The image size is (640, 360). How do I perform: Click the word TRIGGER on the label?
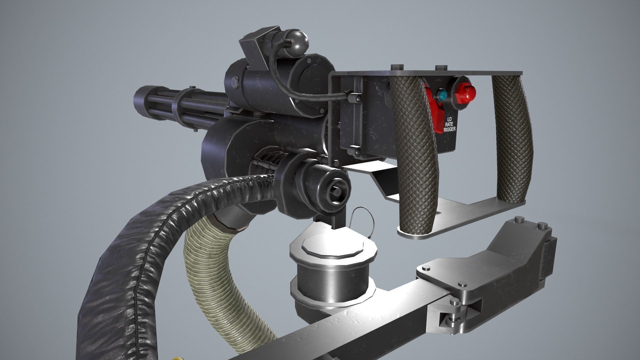coord(448,130)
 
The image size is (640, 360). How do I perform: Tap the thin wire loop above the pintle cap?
coord(362,217)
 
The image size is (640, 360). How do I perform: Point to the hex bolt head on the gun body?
coord(233,80)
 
